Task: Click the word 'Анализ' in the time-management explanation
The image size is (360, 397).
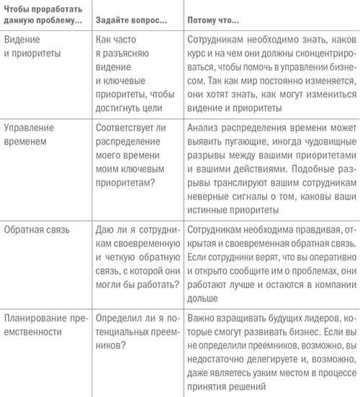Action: tap(203, 128)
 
